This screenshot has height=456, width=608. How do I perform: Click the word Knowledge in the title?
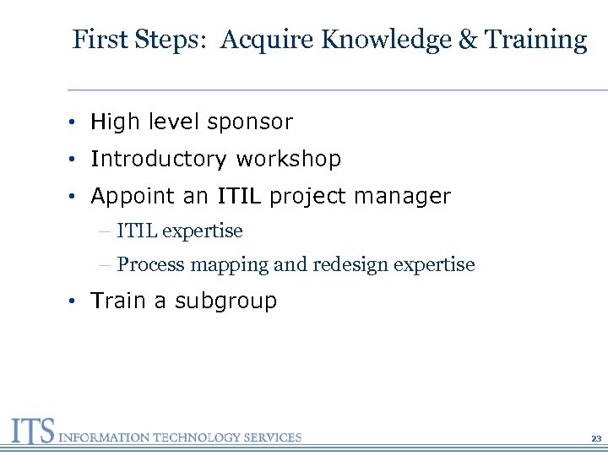click(385, 40)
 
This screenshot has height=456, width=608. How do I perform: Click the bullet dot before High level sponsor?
click(75, 122)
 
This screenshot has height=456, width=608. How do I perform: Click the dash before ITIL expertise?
click(104, 231)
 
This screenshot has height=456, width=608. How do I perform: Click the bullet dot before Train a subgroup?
click(75, 301)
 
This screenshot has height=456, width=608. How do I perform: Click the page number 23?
click(595, 439)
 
